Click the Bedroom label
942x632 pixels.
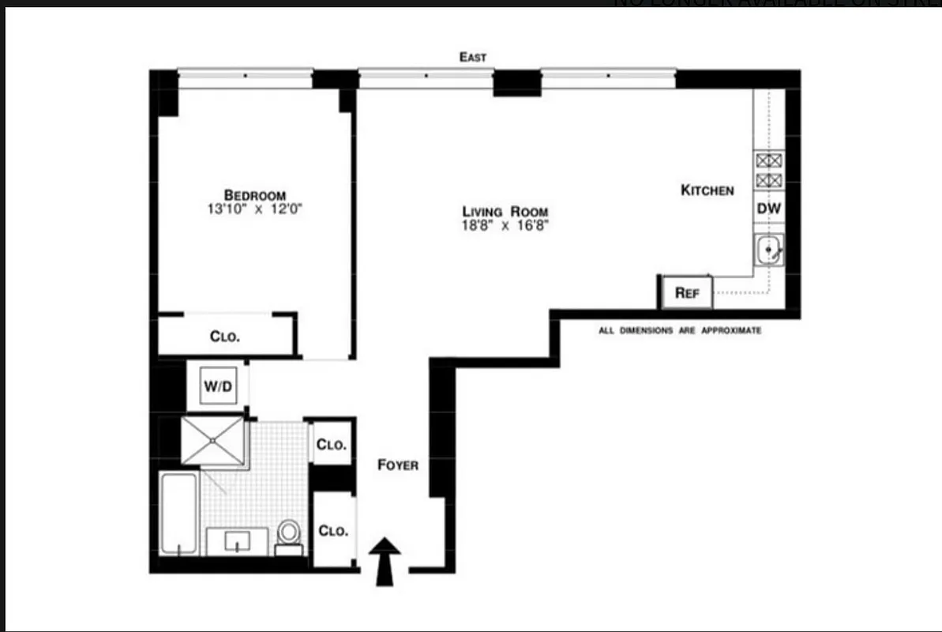coord(254,195)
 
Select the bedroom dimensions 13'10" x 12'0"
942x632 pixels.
coord(254,210)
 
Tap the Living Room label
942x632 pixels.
coord(505,212)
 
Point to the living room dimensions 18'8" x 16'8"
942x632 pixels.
coord(505,226)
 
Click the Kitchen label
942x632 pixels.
coord(707,190)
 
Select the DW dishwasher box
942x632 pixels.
coord(768,209)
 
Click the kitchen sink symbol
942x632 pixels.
coord(767,251)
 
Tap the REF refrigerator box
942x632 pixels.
coord(686,292)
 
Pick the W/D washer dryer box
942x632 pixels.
coord(217,386)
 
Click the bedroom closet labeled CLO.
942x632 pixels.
coord(225,336)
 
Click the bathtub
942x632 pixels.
coord(178,513)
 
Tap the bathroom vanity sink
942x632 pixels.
coord(238,542)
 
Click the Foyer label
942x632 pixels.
coord(398,465)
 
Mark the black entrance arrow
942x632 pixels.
coord(385,561)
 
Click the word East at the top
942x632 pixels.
coord(473,57)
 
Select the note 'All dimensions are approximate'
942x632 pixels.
coord(680,331)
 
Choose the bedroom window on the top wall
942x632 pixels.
coord(245,76)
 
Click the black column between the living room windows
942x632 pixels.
coord(517,82)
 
